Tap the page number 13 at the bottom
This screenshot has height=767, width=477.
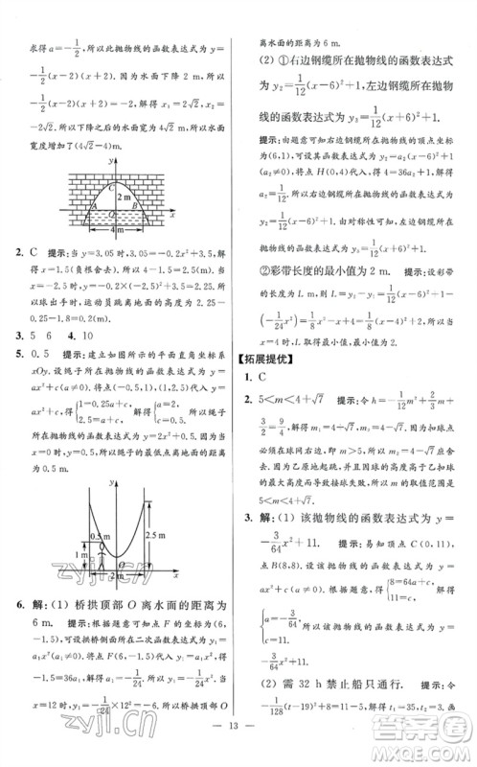click(x=238, y=749)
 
